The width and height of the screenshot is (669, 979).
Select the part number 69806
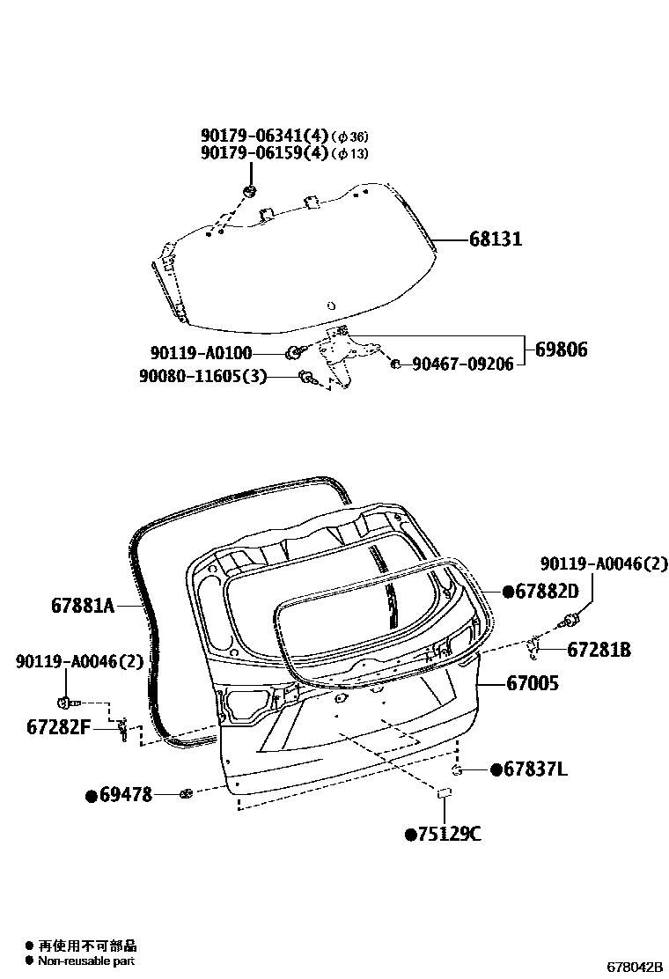pos(561,350)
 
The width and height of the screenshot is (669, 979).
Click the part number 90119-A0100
pos(201,353)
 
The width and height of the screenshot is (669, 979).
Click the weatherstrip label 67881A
pos(84,607)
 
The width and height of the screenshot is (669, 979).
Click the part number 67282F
pos(59,727)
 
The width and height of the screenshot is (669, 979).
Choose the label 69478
pos(125,795)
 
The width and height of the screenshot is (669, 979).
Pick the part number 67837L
pos(534,770)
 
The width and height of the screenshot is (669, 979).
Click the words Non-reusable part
pos(86,961)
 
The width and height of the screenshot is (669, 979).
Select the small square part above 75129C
pos(445,794)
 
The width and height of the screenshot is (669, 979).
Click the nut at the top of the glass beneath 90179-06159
pos(249,191)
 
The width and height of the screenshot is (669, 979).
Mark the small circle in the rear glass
pos(330,306)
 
